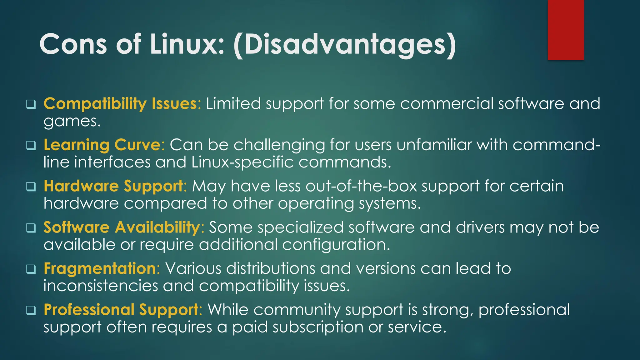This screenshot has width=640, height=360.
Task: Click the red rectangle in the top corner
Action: coord(566,30)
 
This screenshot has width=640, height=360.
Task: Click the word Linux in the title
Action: coord(187,44)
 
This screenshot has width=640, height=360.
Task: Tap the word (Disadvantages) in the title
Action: coord(345,45)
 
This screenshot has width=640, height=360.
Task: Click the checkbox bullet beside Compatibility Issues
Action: coord(31,104)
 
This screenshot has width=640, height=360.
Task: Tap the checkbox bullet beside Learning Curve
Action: coord(31,145)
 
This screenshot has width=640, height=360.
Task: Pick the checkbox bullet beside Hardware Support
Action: coord(31,187)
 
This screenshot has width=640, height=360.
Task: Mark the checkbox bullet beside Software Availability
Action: coord(31,228)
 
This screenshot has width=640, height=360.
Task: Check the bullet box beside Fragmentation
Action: coord(31,269)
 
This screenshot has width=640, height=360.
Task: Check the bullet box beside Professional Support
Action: coord(31,310)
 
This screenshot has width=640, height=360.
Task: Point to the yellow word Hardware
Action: coord(81,186)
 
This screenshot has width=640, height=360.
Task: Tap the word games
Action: coord(72,122)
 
